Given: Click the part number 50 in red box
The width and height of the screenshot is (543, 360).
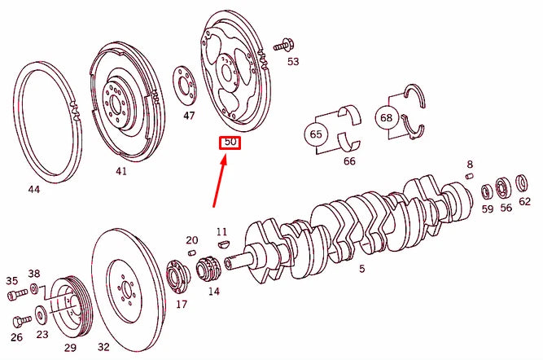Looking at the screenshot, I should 230,143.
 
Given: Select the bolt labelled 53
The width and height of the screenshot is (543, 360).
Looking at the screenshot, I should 285,44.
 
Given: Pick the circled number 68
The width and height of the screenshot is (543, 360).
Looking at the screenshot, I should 386,117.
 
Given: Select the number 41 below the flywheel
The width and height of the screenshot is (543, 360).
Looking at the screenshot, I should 120,172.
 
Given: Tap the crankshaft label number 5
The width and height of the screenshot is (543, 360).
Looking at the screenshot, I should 361,269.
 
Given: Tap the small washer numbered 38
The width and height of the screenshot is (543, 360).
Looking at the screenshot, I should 34,289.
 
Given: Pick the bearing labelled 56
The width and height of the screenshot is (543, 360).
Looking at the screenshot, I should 506,188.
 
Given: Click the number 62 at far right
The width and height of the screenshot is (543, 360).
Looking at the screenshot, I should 525,201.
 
